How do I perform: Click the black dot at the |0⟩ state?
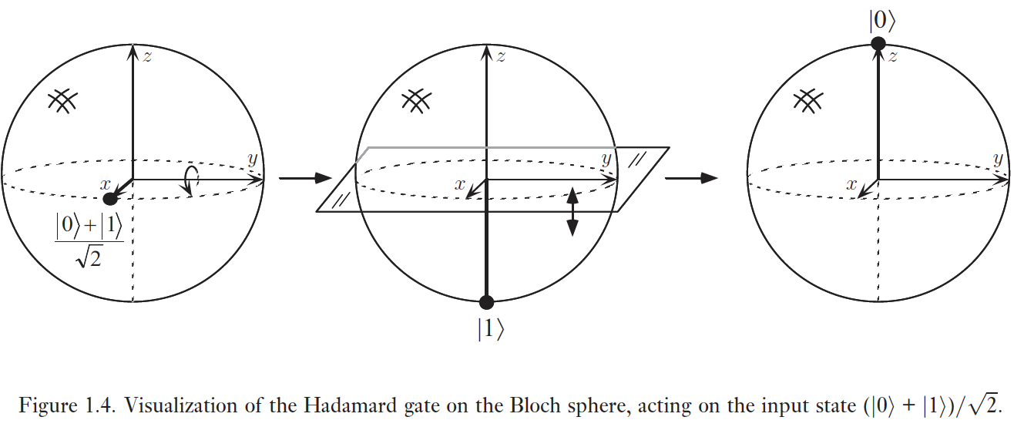click(878, 43)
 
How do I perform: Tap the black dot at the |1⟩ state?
click(486, 302)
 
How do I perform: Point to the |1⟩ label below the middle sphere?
click(490, 328)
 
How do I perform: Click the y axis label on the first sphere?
click(251, 160)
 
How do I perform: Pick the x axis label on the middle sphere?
click(459, 185)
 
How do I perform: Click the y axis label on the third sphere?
click(998, 160)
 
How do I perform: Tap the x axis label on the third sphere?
click(851, 185)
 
